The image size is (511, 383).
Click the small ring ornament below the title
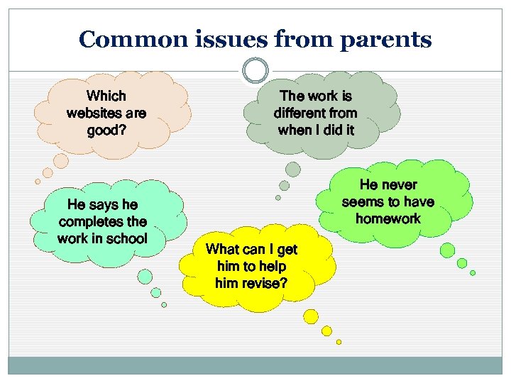255,71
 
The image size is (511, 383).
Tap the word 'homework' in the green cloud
388,218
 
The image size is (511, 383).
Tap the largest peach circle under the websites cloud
62,161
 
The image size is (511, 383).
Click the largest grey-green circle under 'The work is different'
292,169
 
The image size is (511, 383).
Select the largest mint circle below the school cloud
145,277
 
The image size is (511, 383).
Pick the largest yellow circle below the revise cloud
311,316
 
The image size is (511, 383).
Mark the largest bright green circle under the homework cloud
447,250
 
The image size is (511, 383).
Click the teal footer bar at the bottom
255,365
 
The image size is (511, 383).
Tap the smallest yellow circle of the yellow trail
339,342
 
